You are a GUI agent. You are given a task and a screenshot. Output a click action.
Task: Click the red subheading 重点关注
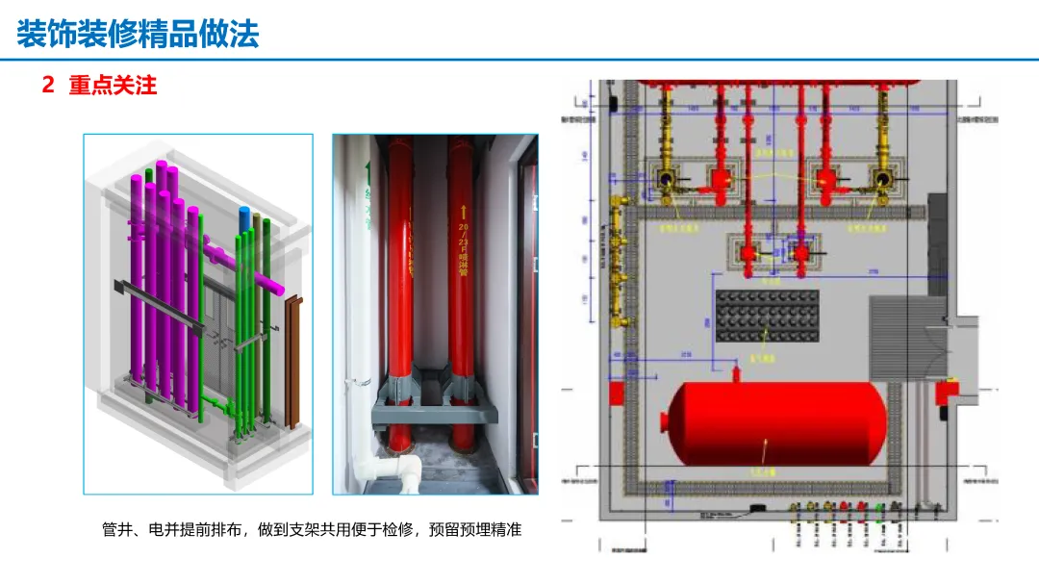pos(113,86)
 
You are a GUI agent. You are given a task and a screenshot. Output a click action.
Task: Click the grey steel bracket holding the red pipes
pos(433,412)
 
